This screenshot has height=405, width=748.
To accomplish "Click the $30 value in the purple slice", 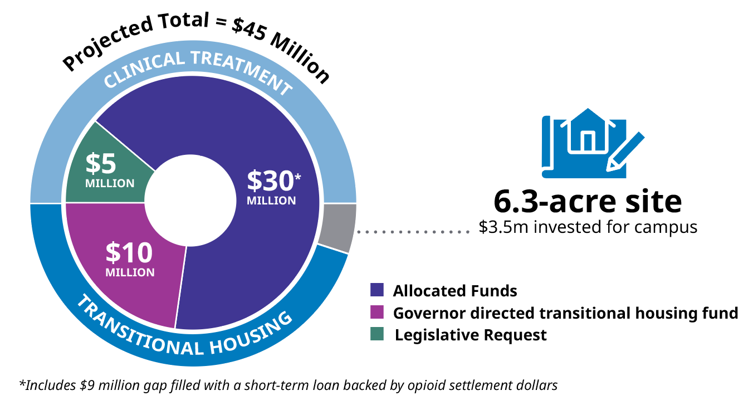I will click(x=270, y=181).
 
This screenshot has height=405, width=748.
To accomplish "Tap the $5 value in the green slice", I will click(x=101, y=164).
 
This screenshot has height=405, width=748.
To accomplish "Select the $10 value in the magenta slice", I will click(x=129, y=253).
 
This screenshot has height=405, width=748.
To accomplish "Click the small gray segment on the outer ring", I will click(x=338, y=227).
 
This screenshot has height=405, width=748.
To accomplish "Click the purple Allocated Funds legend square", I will click(x=377, y=290).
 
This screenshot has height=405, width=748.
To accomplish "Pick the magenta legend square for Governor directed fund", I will click(x=377, y=313).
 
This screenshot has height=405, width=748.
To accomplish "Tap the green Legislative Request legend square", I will click(x=377, y=335).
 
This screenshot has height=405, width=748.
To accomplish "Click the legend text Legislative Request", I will click(x=471, y=335).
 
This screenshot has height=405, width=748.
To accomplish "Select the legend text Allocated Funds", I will click(x=455, y=291).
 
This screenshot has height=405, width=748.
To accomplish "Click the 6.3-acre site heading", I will click(x=588, y=202).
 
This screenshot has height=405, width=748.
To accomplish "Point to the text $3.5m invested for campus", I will click(x=588, y=227).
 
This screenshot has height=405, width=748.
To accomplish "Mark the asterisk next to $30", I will click(x=298, y=177).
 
